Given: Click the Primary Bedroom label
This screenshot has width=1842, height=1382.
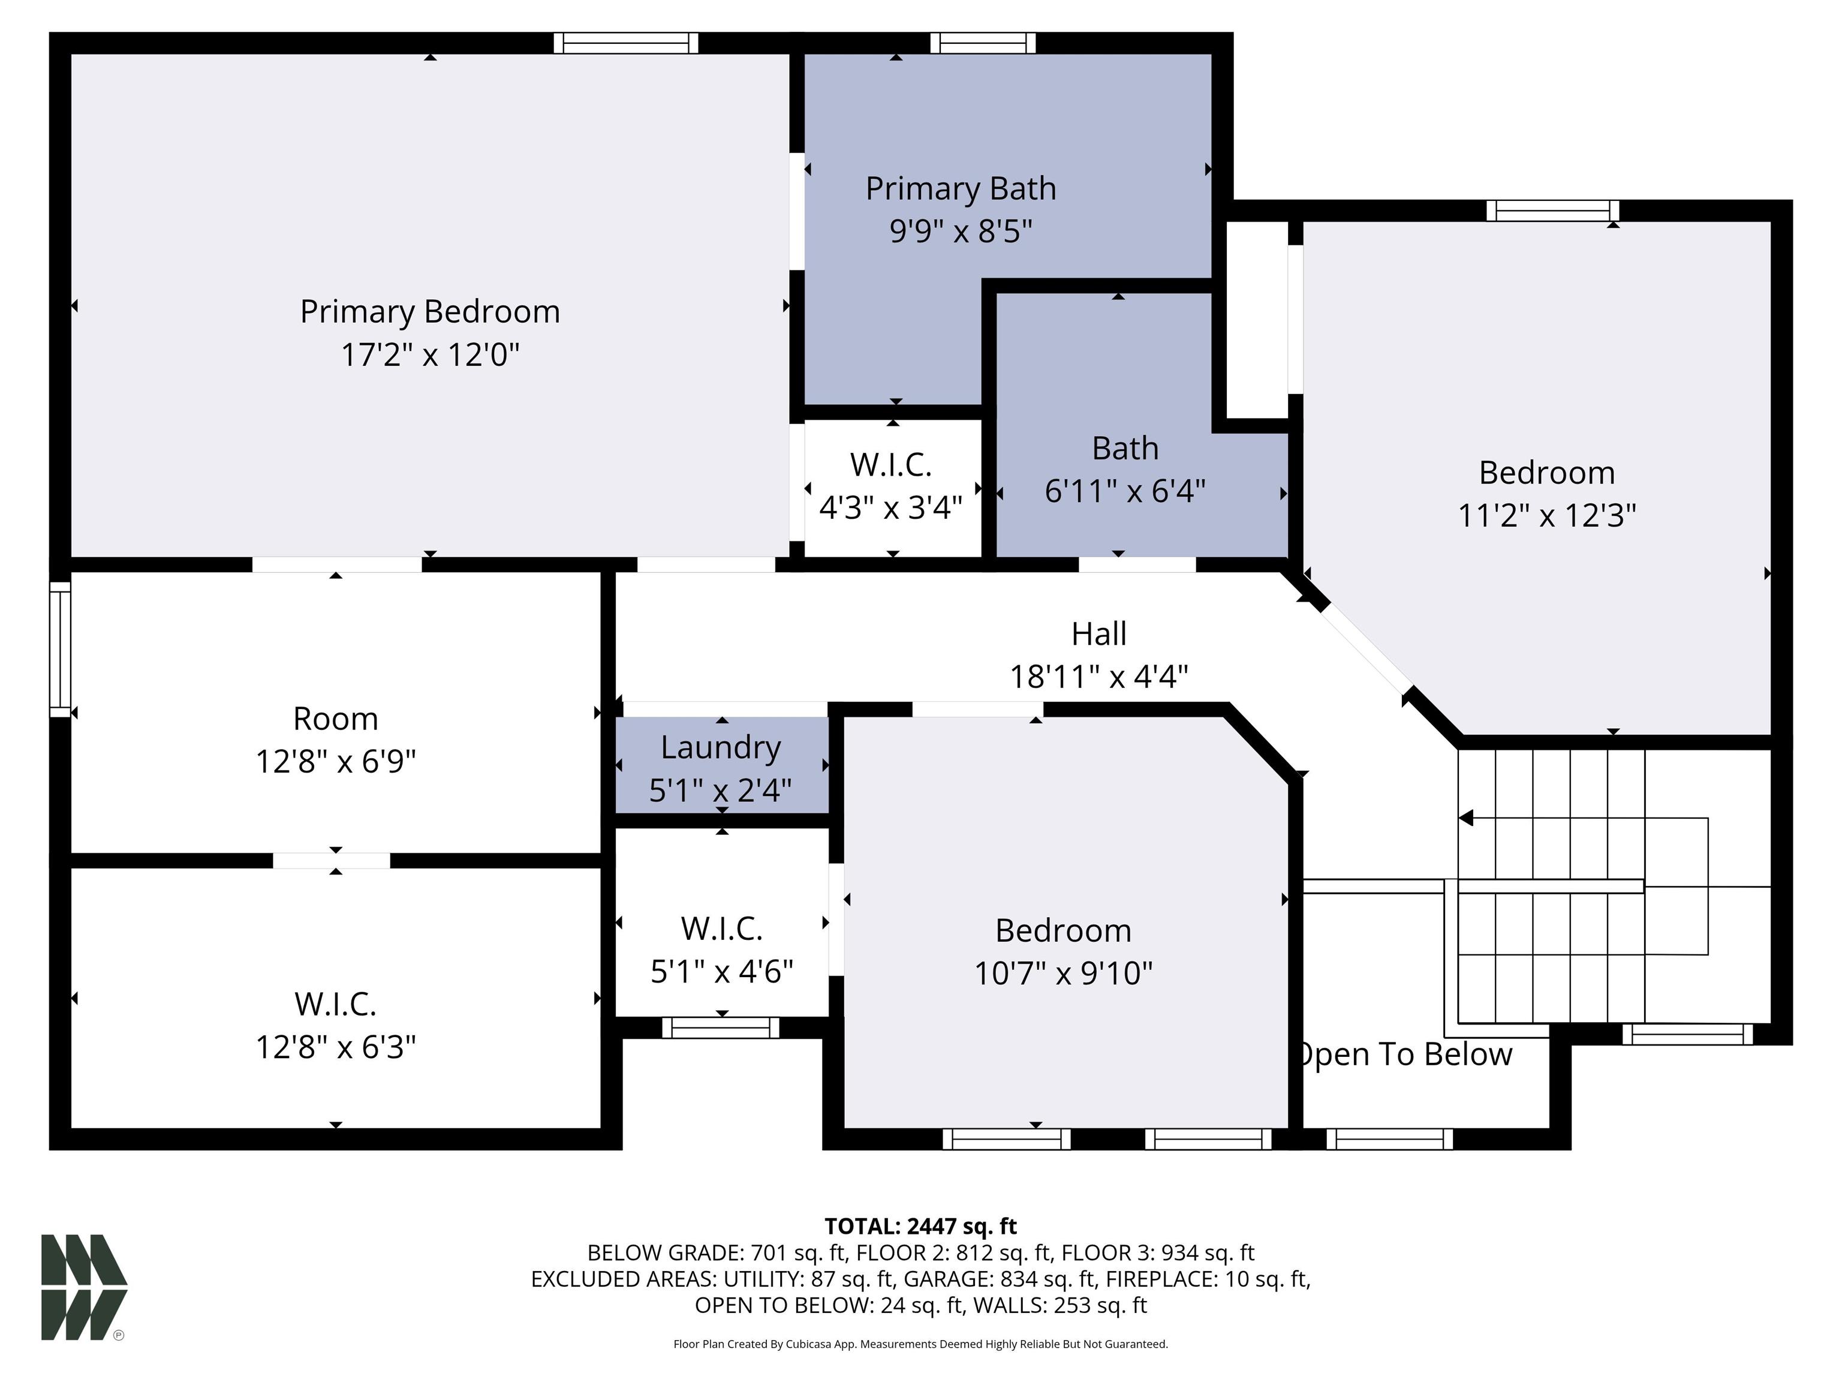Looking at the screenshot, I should click(430, 311).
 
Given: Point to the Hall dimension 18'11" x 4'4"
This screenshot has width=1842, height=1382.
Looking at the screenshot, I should click(1098, 677).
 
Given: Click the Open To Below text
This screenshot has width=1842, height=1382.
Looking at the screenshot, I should click(1405, 1054).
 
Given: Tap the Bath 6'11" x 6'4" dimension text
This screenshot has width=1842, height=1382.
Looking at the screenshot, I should click(1124, 491).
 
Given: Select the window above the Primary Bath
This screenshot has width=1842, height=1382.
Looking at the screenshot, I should click(983, 43).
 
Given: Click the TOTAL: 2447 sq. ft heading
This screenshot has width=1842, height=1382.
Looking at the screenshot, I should click(920, 1226).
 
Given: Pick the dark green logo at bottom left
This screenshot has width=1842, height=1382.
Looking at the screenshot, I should click(83, 1287).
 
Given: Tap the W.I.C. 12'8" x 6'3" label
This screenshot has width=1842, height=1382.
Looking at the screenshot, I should click(336, 1026).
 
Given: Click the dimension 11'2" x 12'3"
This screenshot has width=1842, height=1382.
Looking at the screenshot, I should click(1546, 516).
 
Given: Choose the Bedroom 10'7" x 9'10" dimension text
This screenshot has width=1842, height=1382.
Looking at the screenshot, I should click(1063, 973).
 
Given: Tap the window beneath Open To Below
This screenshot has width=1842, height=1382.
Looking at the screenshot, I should click(1389, 1138).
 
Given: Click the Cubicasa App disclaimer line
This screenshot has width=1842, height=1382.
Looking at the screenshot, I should click(920, 1344).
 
